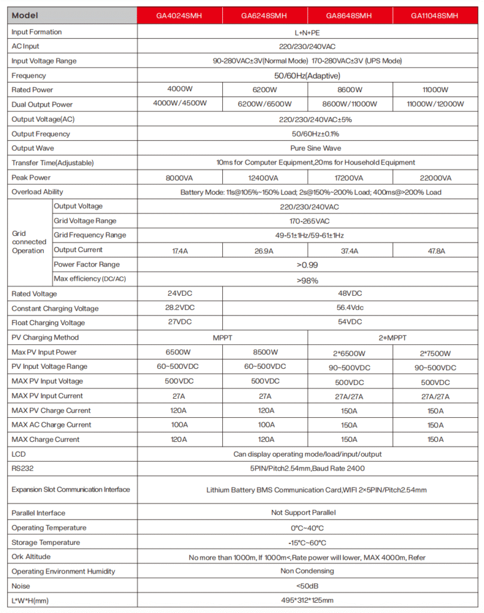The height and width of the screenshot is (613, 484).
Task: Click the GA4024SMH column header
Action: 180,16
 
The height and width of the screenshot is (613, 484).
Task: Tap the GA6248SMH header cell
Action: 264,16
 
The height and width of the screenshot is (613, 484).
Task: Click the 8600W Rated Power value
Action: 350,90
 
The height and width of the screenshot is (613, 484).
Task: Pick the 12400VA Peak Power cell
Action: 264,178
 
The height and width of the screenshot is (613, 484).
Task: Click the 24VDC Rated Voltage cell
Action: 180,294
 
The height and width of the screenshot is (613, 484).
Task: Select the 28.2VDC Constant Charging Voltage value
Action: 180,308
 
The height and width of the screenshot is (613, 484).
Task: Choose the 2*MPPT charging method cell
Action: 393,338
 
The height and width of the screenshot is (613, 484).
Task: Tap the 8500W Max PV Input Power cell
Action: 264,352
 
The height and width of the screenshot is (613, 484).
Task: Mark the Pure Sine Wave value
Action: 308,148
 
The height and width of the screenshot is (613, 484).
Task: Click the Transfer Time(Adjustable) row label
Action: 53,163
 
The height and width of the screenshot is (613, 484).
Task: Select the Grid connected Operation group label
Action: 28,242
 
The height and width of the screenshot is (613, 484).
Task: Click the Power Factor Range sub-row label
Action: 87,265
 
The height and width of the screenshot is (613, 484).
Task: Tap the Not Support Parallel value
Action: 308,513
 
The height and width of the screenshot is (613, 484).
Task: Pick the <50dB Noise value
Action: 308,586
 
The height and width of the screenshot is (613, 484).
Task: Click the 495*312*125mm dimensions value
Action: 308,600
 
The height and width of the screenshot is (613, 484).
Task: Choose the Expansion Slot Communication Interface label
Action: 71,490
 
